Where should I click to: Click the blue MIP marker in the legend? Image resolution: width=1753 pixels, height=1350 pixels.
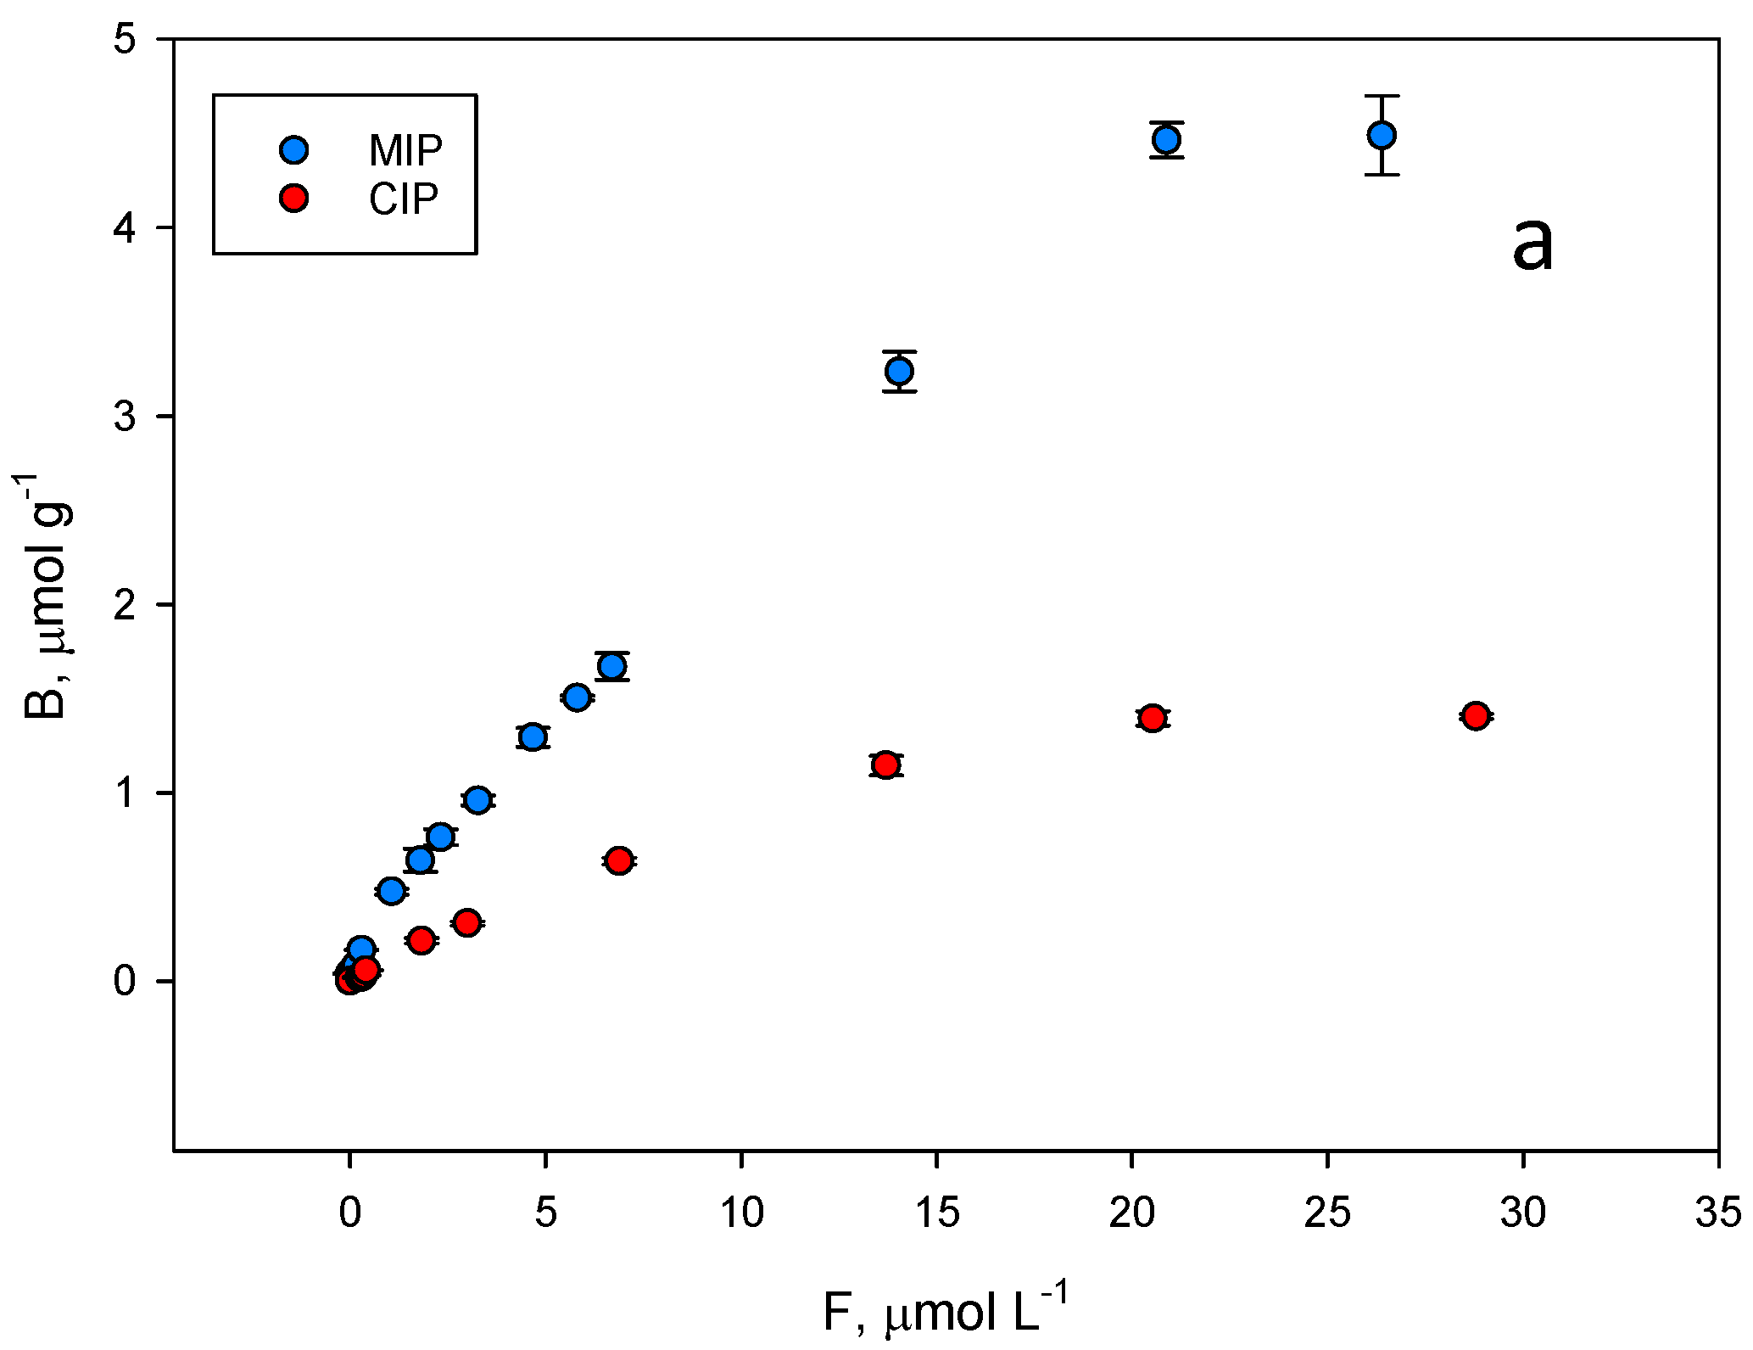(x=294, y=150)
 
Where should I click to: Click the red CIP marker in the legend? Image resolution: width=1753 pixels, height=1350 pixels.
(x=294, y=199)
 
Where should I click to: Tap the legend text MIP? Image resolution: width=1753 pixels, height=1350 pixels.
(x=405, y=151)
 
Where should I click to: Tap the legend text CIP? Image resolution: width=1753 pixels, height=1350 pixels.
(x=404, y=199)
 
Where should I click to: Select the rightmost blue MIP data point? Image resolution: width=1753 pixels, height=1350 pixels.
(x=1382, y=135)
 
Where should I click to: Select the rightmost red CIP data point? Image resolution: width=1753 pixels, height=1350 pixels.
(x=1476, y=716)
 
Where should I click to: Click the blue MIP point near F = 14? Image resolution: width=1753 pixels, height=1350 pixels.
(x=899, y=371)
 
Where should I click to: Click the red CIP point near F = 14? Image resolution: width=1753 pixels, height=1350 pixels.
(x=885, y=765)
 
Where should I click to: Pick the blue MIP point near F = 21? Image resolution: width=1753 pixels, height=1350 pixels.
(x=1167, y=139)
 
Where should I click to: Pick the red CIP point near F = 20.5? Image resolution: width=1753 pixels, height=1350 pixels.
(x=1152, y=718)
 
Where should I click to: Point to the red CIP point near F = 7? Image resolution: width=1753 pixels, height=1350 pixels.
(x=619, y=860)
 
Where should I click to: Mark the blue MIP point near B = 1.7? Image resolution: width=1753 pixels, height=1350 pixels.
(x=611, y=666)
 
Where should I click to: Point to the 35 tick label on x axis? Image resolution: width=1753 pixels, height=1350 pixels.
(x=1718, y=1213)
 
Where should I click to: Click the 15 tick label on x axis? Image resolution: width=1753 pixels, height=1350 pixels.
(x=936, y=1213)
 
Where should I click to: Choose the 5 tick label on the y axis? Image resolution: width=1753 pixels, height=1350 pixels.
(x=125, y=41)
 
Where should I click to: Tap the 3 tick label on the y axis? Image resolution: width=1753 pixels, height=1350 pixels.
(x=125, y=417)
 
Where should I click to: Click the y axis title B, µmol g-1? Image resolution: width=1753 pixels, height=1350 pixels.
(x=44, y=596)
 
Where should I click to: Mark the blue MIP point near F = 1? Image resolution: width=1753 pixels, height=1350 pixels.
(x=391, y=890)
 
